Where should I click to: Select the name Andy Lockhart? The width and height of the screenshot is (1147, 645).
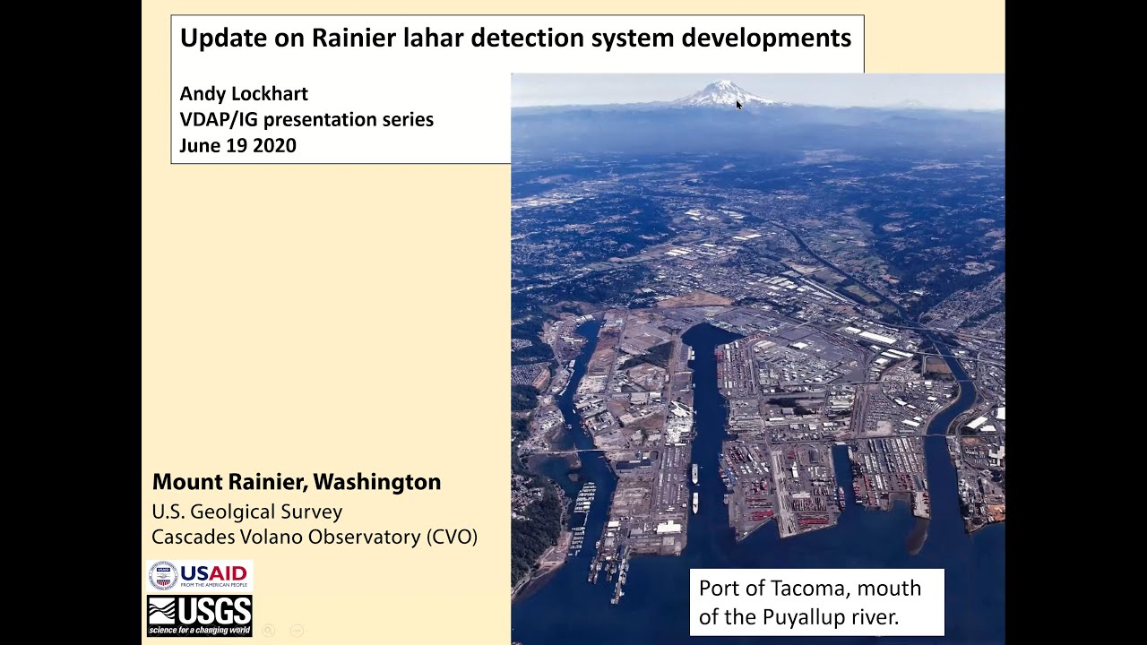coord(244,94)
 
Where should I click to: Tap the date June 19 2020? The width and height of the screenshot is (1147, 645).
coord(237,145)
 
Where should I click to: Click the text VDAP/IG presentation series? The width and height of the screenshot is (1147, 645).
coord(306,119)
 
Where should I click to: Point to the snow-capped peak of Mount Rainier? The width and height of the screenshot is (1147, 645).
coord(722,91)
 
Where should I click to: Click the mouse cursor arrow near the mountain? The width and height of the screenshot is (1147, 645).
coord(738,105)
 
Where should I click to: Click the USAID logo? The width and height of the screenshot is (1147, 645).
coord(200,575)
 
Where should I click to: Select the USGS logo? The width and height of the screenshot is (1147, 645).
coord(200,615)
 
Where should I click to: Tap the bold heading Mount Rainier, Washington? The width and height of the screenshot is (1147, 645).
coord(297,482)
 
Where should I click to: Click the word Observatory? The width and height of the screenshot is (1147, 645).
coord(365,537)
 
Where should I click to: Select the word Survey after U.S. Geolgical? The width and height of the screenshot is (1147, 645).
coord(312,512)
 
